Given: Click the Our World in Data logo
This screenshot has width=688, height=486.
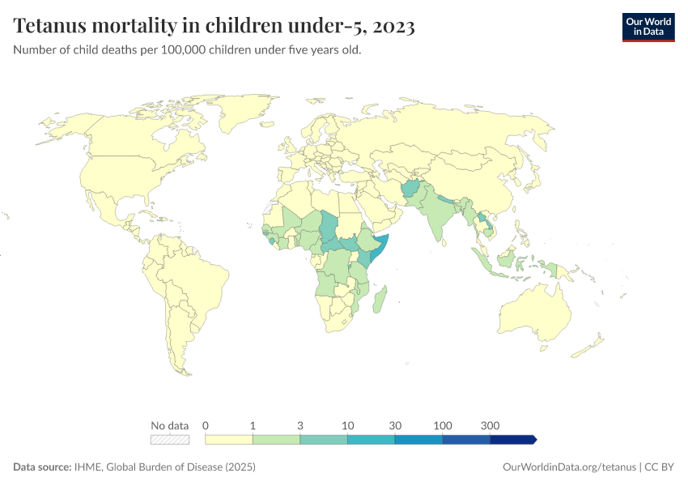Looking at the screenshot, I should pos(648,27).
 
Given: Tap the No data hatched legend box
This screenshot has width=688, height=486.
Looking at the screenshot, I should pos(170,440).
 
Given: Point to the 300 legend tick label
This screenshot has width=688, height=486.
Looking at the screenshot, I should pos(490,425).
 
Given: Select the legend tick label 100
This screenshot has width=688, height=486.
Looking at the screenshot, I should pos(442,425).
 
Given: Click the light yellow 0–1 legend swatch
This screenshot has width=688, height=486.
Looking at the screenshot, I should pos(229,440).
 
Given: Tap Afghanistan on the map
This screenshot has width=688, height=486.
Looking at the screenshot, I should pos(410,190).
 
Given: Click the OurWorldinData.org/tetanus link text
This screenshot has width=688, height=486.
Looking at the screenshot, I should pos(570,467).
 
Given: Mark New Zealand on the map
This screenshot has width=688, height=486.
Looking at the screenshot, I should pos(591,344).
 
